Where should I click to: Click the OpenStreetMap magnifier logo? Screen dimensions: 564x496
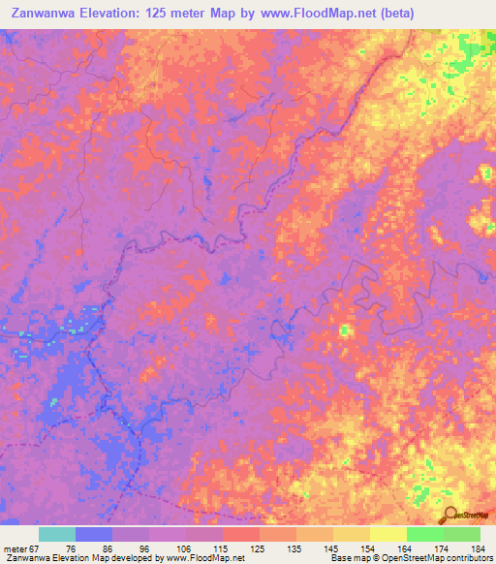pos(452,516)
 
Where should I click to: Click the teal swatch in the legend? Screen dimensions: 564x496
pos(57,534)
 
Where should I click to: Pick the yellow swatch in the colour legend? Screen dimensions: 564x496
pos(387,534)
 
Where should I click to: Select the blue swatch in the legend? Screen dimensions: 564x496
pos(94,534)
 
